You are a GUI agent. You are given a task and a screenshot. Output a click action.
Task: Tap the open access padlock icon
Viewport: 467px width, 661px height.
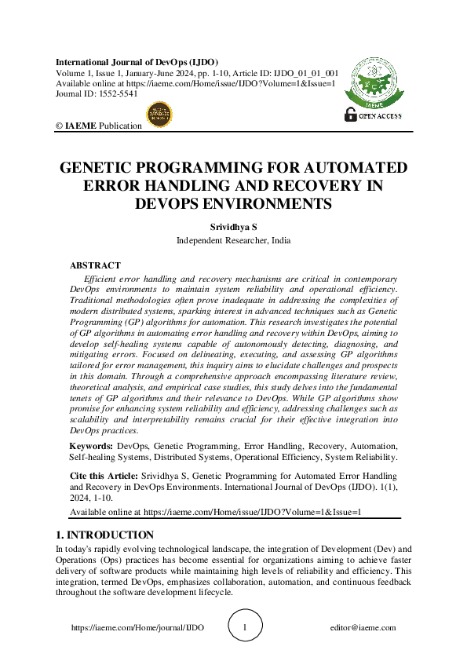(x=350, y=115)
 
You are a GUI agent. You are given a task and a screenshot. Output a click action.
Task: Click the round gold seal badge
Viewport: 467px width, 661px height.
(x=159, y=114)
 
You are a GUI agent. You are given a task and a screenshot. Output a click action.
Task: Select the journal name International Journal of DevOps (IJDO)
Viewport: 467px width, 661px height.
(x=137, y=62)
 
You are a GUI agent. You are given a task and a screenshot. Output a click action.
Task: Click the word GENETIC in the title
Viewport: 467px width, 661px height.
(x=104, y=168)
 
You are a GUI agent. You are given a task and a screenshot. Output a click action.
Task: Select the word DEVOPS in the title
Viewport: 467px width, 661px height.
(x=176, y=203)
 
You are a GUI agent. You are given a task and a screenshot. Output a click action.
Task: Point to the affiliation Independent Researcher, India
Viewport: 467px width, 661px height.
(x=233, y=240)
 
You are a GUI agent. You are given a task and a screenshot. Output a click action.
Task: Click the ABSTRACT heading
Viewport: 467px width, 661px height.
(x=95, y=265)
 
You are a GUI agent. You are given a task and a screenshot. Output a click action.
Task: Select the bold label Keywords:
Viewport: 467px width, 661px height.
(x=91, y=445)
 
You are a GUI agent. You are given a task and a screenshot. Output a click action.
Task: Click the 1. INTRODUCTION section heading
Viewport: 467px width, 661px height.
(x=104, y=535)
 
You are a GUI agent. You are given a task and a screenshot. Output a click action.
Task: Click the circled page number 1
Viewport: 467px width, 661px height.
(x=245, y=627)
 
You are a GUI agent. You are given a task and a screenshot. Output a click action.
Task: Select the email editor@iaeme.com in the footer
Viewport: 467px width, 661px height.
(x=363, y=627)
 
